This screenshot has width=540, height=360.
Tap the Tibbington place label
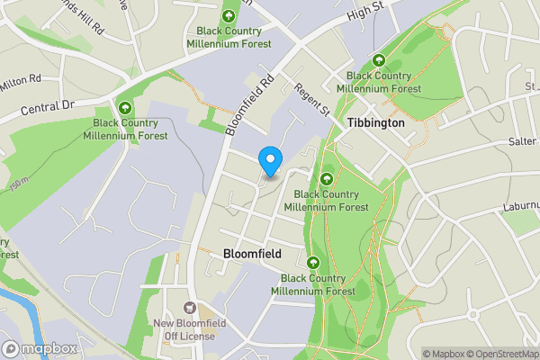click(375, 121)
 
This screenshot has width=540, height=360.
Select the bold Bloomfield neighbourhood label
click(251, 255)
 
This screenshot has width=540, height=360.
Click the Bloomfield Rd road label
click(248, 104)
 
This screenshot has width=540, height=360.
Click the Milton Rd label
click(22, 83)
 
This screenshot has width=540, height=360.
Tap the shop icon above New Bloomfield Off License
click(189, 309)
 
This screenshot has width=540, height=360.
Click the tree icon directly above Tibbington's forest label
click(378, 60)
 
